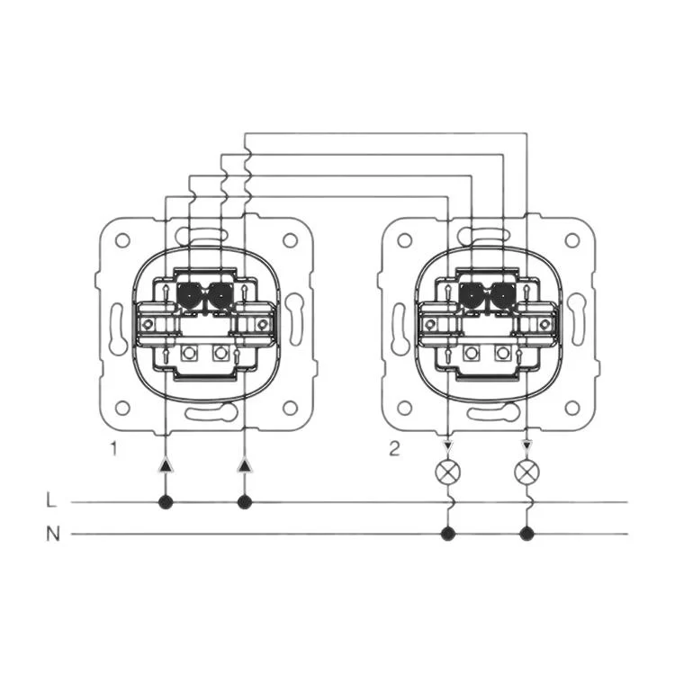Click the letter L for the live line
pos(51,500)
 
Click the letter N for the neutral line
pos(52,535)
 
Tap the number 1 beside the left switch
pos(113,448)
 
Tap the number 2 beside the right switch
pos(394,448)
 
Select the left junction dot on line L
pos(166,502)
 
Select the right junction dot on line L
pos(245,502)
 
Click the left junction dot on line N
pos(448,535)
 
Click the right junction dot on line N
pos(526,535)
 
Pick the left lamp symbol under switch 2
pos(448,472)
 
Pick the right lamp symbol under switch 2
pos(526,472)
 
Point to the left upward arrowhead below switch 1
pos(166,465)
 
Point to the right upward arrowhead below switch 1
pos(245,465)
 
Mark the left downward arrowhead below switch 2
pos(448,445)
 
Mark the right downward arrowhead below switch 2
pos(526,445)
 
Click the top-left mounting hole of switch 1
pos(122,240)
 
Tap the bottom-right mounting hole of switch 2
pos(572,407)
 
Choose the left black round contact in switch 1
pos(189,295)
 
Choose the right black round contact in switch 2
pos(502,295)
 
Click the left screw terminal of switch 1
pos(148,324)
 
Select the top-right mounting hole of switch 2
pos(572,240)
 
